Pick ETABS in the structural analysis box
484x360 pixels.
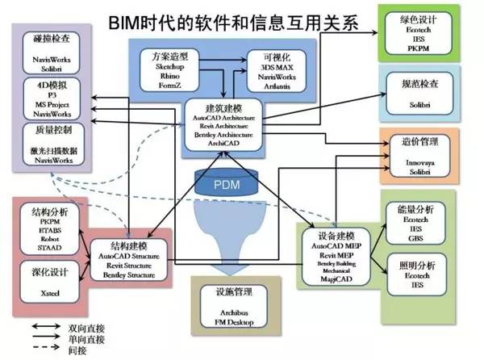(48, 230)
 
